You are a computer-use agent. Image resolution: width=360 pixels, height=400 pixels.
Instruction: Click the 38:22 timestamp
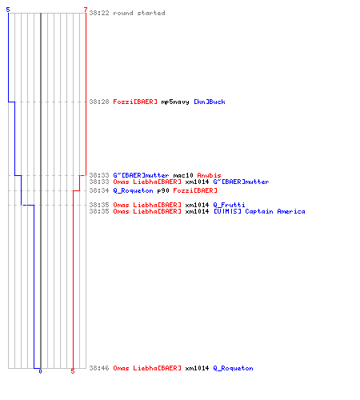99,13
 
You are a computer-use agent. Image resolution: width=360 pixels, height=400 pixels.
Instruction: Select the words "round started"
139,13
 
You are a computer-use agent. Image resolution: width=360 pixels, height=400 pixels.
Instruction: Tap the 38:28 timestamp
99,102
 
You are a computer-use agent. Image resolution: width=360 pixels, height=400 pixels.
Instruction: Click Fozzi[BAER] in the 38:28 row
135,102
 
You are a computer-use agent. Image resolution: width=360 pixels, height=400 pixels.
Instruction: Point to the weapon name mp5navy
175,102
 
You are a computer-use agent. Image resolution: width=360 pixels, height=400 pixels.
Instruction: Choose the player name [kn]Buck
210,102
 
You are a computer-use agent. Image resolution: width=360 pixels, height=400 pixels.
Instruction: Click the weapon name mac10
183,175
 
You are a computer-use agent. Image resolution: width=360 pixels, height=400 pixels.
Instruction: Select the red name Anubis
209,175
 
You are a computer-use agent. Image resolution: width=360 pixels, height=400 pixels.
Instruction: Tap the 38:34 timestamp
99,190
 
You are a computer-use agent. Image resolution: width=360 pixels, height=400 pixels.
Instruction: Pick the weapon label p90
163,191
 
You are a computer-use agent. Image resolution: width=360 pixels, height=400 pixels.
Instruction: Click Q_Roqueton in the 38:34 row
133,190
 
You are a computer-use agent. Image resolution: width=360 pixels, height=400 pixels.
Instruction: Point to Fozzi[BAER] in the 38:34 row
195,190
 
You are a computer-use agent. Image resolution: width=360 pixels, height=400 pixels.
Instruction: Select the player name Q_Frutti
229,205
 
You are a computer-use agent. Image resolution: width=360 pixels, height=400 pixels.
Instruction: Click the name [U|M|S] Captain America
259,211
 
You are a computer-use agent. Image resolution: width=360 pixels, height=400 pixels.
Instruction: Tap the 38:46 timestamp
99,368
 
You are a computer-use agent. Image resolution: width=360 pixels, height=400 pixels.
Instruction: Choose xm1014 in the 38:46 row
197,368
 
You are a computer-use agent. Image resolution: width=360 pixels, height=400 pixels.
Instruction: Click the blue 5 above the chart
8,10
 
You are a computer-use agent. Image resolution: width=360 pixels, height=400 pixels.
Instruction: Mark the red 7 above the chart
86,10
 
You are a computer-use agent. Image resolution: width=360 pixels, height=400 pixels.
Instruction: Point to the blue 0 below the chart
40,371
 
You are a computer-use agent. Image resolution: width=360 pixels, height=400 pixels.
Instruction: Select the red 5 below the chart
73,371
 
